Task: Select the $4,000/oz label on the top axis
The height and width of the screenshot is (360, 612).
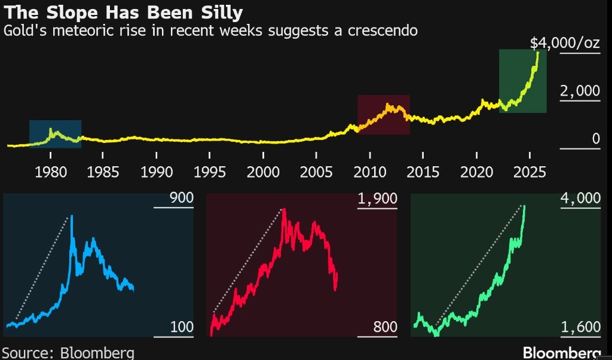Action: tap(565, 43)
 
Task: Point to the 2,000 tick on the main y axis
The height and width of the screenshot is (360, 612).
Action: tap(579, 91)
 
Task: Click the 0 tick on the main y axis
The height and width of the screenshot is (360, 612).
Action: tap(595, 139)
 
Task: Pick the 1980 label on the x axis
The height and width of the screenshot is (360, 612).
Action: tap(51, 172)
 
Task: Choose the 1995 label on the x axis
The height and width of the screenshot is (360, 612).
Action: tap(209, 172)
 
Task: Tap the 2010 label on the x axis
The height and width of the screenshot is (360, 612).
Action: tap(369, 172)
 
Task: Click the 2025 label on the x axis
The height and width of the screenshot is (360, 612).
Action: tap(530, 172)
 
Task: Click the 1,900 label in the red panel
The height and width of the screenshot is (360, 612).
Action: tap(378, 199)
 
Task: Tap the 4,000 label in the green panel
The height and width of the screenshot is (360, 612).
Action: tap(580, 199)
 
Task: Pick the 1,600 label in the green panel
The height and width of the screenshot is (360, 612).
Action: tap(580, 327)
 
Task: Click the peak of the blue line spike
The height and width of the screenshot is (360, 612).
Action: tap(72, 216)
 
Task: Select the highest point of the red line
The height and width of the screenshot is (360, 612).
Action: tap(283, 209)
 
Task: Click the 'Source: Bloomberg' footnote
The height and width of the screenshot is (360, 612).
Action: tap(68, 352)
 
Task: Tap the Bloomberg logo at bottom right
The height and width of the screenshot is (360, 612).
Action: tap(561, 352)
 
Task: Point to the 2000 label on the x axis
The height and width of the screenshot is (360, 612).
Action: tap(263, 172)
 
